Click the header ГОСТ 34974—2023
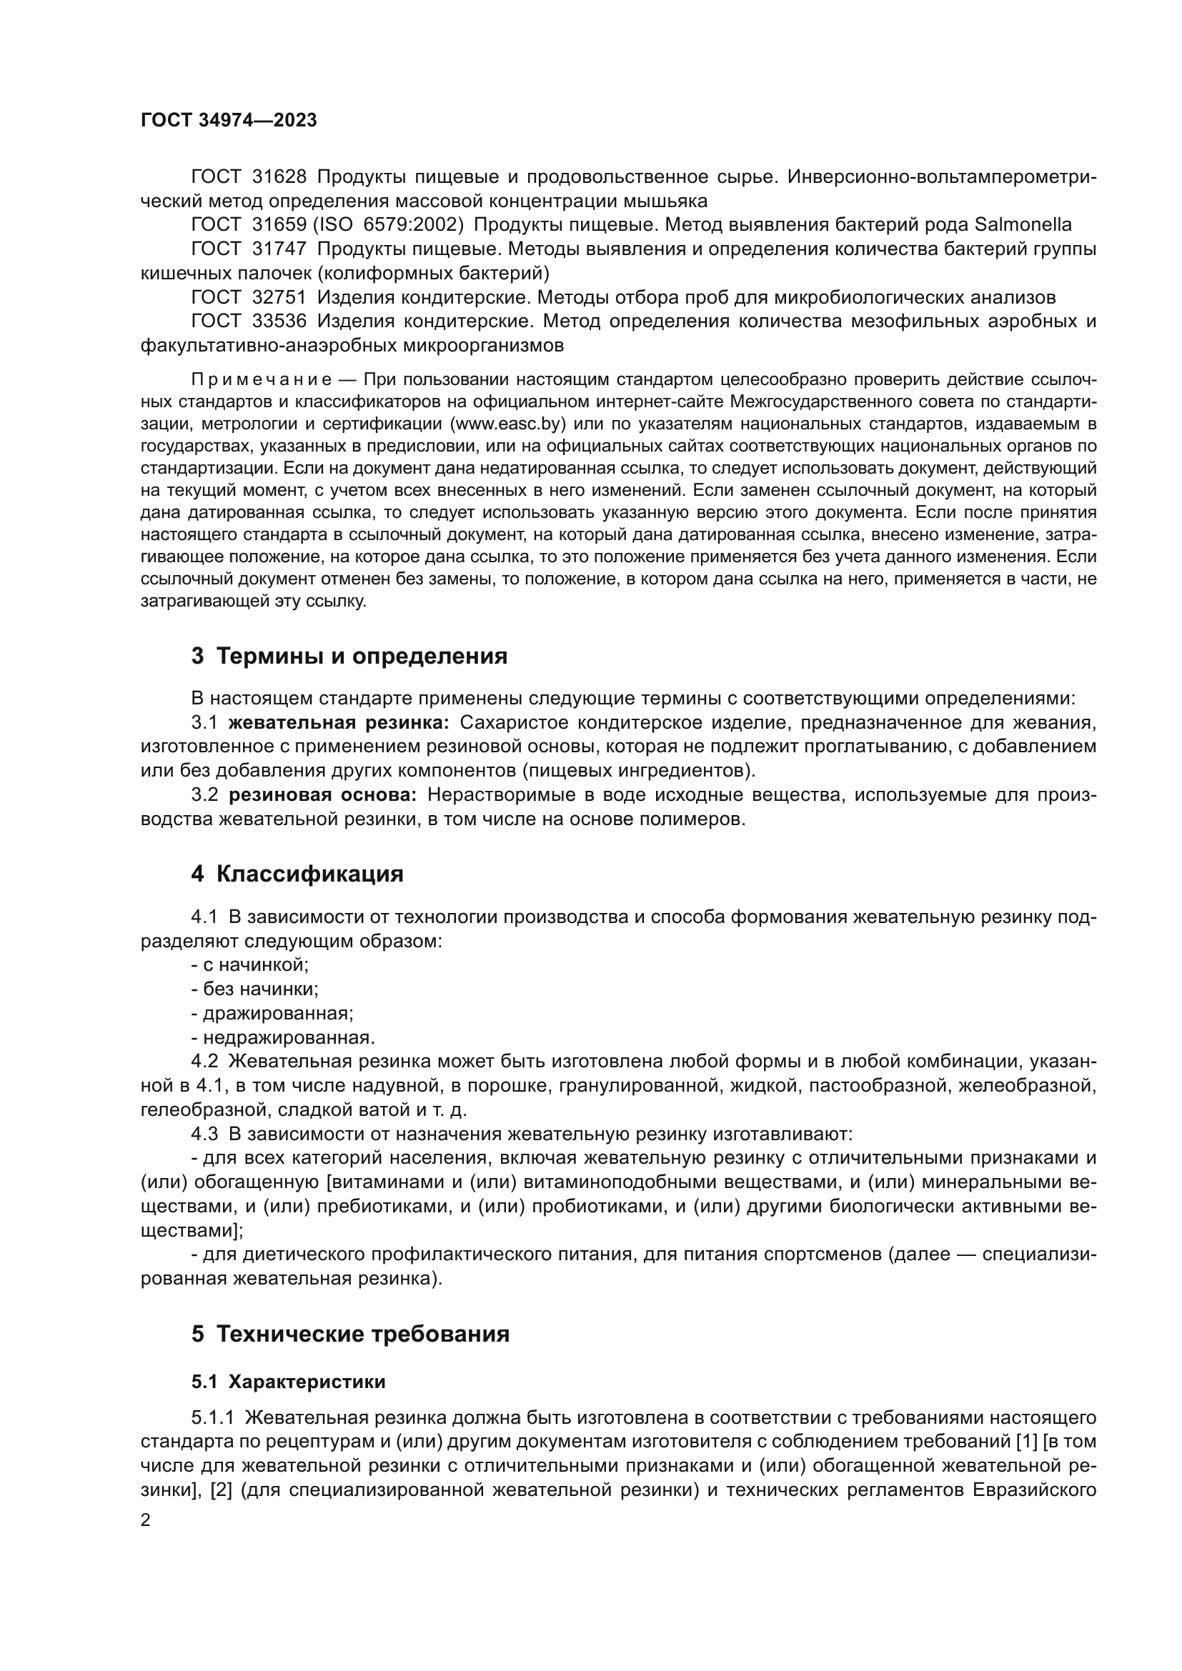229,121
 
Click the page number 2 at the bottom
146,1520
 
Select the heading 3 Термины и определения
349,657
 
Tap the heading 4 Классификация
297,874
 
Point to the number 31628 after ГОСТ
279,177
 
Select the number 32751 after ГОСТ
279,297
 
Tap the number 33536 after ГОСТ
279,321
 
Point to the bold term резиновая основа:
323,794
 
